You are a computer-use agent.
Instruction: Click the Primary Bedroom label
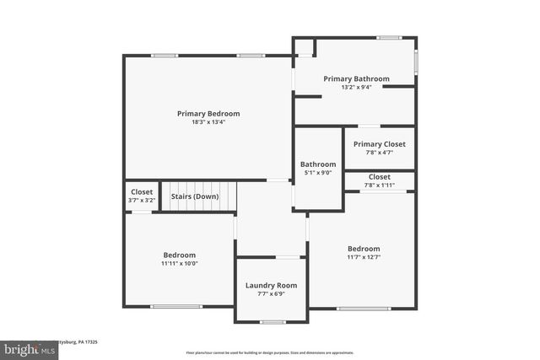point(208,114)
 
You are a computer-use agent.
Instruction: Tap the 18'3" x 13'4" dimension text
point(208,122)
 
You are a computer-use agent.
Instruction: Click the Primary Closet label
point(380,144)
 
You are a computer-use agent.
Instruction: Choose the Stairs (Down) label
point(195,196)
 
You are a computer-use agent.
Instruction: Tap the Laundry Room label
point(272,286)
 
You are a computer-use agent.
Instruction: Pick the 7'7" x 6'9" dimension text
point(272,294)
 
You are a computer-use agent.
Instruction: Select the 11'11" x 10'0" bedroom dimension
point(180,263)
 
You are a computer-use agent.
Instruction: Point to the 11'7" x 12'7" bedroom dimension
point(364,257)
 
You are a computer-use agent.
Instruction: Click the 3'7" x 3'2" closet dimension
point(142,201)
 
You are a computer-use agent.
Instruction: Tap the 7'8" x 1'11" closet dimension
point(380,185)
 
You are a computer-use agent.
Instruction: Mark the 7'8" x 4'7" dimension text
point(380,153)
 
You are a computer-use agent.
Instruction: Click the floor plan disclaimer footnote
point(270,352)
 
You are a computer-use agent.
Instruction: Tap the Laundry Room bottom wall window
point(272,322)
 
